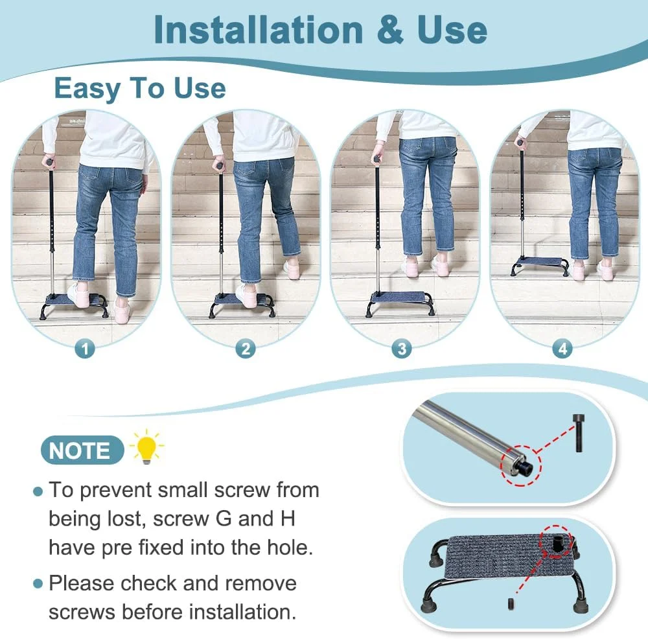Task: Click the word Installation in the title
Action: click(258, 29)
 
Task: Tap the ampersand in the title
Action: click(390, 29)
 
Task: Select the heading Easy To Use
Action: click(140, 88)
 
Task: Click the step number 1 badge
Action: click(85, 349)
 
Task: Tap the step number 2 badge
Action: click(246, 349)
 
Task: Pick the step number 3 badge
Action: click(402, 349)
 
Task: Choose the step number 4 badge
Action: click(562, 349)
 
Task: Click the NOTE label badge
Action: click(82, 450)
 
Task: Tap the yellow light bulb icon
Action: click(146, 447)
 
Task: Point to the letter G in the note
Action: click(224, 518)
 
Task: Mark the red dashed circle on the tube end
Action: click(521, 465)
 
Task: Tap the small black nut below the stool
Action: click(511, 603)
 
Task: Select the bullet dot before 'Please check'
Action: click(38, 584)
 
